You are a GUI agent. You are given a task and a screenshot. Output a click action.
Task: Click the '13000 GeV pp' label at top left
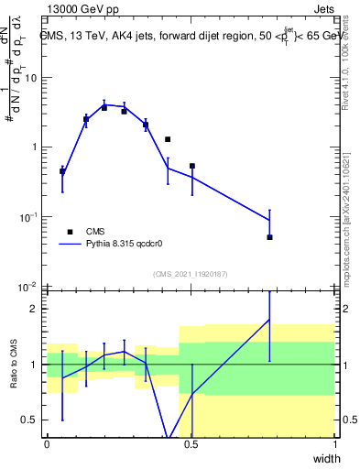[x=80, y=8]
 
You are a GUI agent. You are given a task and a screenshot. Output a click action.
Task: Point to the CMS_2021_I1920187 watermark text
[x=190, y=274]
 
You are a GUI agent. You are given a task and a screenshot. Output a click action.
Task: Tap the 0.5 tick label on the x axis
[x=191, y=444]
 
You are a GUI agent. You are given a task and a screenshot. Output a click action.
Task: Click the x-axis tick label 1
[x=334, y=444]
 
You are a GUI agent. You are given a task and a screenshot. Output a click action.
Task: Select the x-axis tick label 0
[x=47, y=444]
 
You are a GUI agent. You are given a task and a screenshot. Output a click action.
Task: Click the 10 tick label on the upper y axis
[x=32, y=78]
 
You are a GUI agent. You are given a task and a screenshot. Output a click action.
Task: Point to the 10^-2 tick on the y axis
[x=30, y=287]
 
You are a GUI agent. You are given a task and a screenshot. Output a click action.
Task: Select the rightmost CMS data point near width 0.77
[x=269, y=237]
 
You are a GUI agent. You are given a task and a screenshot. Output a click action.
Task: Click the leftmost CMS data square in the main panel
[x=62, y=171]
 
